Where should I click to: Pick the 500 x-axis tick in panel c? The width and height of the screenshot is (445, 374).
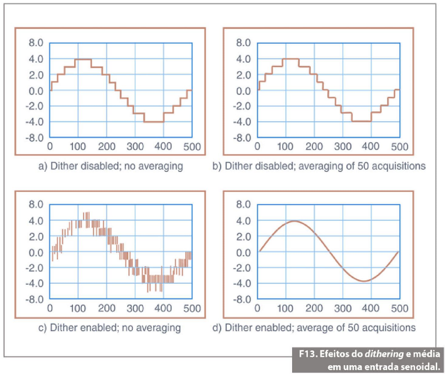click(x=192, y=308)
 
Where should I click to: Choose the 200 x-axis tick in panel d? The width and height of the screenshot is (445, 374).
click(x=314, y=308)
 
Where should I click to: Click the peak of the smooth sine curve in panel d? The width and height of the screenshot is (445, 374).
click(x=293, y=221)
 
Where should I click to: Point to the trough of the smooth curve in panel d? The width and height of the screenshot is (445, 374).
click(x=363, y=281)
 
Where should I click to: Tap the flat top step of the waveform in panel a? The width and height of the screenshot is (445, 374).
click(x=83, y=59)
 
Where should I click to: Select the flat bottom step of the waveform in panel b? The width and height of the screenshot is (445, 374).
click(x=361, y=121)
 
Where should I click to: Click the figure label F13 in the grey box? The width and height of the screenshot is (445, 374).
click(x=307, y=354)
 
